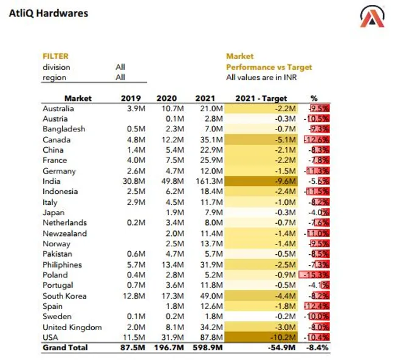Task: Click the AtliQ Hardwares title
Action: (49, 13)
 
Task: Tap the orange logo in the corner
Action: (372, 16)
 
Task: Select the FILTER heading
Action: (55, 56)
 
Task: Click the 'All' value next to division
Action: (120, 67)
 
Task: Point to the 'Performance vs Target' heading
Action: (269, 67)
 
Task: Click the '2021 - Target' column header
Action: (261, 98)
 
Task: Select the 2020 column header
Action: (167, 98)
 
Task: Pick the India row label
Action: (52, 181)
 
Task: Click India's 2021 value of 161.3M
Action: (209, 181)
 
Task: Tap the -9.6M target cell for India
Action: (261, 181)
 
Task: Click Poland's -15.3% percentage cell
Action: (314, 275)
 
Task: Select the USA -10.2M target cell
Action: (261, 337)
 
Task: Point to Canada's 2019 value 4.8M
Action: (136, 140)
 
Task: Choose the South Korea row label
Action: (64, 296)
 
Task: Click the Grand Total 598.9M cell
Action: (208, 348)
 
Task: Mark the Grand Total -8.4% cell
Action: (317, 348)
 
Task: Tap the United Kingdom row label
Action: (72, 327)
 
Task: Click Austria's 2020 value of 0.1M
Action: (175, 119)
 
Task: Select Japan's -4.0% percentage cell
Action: (318, 212)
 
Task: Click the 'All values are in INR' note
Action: (261, 77)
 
